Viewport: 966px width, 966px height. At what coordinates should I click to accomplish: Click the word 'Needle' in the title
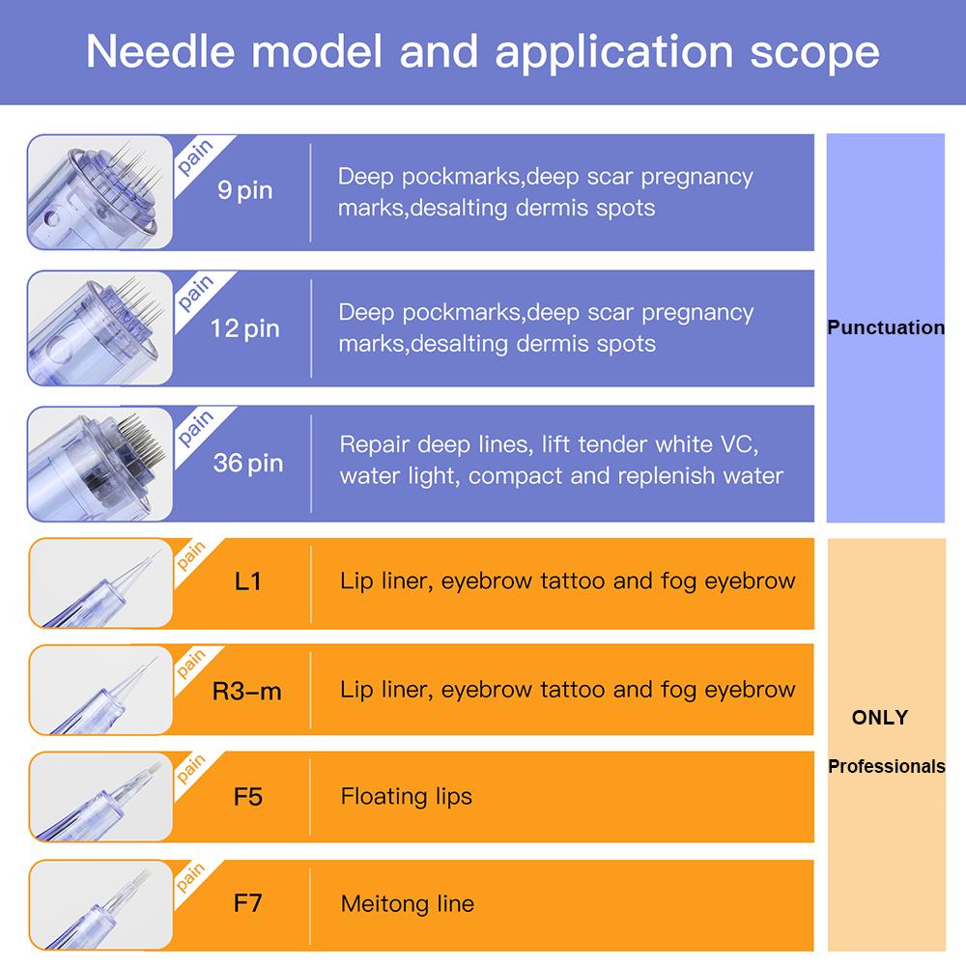pyautogui.click(x=160, y=51)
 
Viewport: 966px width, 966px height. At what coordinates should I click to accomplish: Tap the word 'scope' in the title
pyautogui.click(x=814, y=54)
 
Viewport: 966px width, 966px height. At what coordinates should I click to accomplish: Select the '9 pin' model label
pyautogui.click(x=244, y=190)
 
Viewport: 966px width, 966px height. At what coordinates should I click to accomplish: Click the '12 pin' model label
pyautogui.click(x=244, y=328)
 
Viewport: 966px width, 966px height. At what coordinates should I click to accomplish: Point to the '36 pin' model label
pyautogui.click(x=247, y=464)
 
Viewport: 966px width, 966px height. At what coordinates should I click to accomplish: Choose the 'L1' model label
pyautogui.click(x=247, y=581)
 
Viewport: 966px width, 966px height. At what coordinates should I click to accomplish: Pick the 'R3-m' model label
pyautogui.click(x=246, y=691)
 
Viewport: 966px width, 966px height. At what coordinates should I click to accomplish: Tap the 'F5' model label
pyautogui.click(x=247, y=797)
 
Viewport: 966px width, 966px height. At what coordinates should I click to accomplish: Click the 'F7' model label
pyautogui.click(x=247, y=903)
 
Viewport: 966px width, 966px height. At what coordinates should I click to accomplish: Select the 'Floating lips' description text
pyautogui.click(x=406, y=797)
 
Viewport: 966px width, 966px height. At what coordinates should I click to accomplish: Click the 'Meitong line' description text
pyautogui.click(x=408, y=904)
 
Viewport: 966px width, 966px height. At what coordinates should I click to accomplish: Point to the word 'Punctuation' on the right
pyautogui.click(x=885, y=327)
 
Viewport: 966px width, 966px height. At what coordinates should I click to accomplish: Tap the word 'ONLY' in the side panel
pyautogui.click(x=880, y=717)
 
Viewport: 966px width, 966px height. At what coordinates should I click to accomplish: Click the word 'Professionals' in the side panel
pyautogui.click(x=886, y=766)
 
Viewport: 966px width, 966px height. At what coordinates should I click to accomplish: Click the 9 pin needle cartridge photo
pyautogui.click(x=99, y=192)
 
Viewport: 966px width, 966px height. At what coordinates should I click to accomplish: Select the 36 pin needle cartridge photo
pyautogui.click(x=99, y=464)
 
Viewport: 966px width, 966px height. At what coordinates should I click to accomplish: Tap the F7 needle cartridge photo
pyautogui.click(x=100, y=904)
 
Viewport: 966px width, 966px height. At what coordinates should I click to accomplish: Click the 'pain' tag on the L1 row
pyautogui.click(x=191, y=555)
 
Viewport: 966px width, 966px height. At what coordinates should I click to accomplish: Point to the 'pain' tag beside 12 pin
pyautogui.click(x=195, y=293)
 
